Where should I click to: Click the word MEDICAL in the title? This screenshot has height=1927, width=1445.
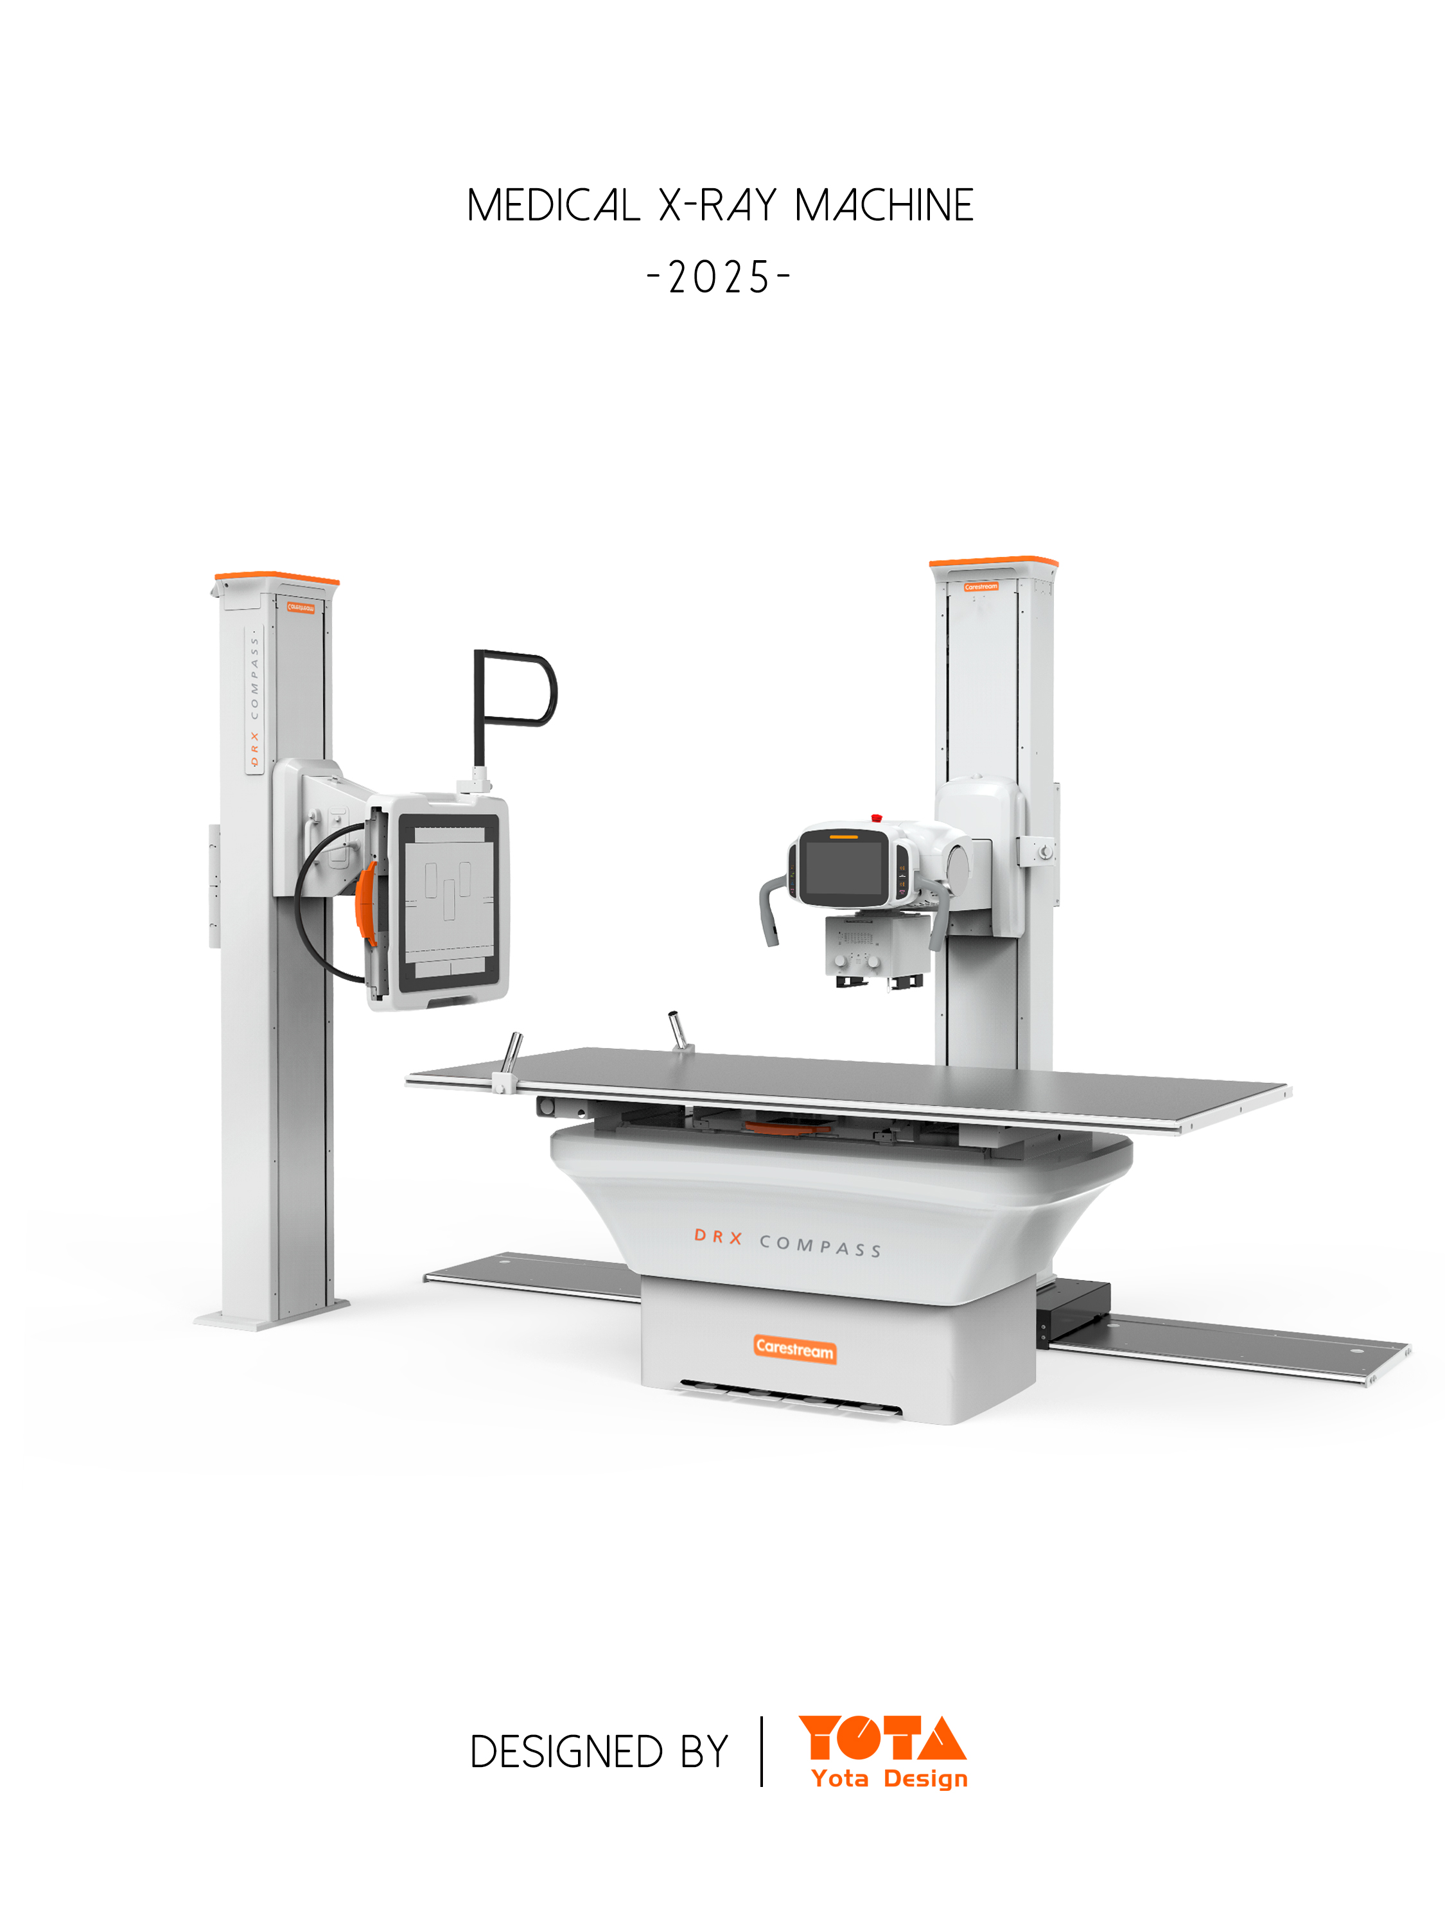point(552,206)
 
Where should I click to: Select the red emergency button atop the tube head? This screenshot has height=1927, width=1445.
point(876,818)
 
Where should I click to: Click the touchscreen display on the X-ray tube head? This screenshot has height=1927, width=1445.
point(841,868)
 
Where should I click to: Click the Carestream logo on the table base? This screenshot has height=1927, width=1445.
point(794,1348)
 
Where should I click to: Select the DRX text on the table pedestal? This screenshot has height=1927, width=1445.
point(718,1237)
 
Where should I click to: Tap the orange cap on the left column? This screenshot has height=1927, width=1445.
point(276,577)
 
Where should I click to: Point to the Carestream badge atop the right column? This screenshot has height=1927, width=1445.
point(981,587)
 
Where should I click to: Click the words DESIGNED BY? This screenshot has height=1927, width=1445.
point(599,1752)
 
